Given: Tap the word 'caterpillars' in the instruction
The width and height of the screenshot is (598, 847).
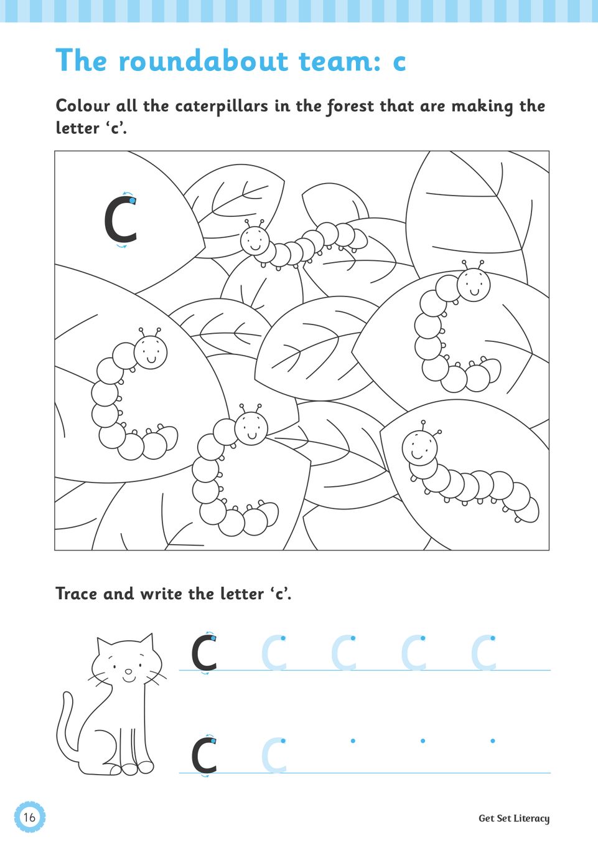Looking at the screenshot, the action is pyautogui.click(x=222, y=106).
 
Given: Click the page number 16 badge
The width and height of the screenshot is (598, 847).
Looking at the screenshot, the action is pyautogui.click(x=29, y=816).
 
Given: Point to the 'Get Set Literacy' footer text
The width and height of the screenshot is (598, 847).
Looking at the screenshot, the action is pyautogui.click(x=514, y=818).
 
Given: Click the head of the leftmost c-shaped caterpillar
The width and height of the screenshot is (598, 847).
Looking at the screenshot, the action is pyautogui.click(x=151, y=353).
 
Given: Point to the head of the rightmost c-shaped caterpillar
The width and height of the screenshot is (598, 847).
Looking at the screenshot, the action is pyautogui.click(x=474, y=285).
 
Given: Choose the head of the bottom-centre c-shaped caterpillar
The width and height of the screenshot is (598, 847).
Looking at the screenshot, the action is pyautogui.click(x=251, y=428).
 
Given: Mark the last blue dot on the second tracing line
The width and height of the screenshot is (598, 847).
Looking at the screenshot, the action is pyautogui.click(x=493, y=741).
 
